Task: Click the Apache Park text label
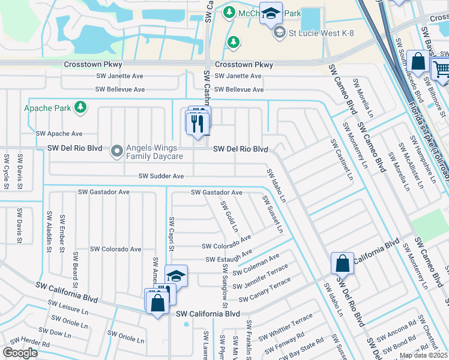46,109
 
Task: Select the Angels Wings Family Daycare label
154,152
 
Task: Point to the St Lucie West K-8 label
319,33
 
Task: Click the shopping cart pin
441,69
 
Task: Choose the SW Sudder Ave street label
161,176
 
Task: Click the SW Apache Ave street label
59,134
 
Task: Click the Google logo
19,352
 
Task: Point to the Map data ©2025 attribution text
423,355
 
